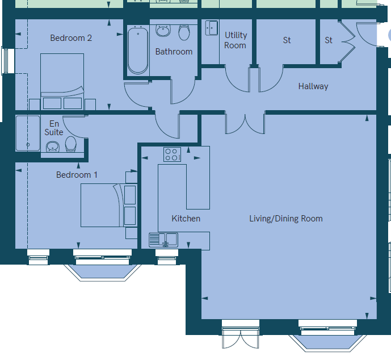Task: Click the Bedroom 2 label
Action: [71, 38]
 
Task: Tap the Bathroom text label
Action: [174, 52]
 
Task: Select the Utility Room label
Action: [236, 40]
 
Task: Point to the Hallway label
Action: [313, 86]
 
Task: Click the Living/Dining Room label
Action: [286, 219]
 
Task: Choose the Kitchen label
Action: [186, 219]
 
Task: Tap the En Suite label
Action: [54, 128]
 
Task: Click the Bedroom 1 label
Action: [77, 175]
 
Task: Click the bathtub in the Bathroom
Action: [138, 51]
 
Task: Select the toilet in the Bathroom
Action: [184, 32]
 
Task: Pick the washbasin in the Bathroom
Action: [163, 31]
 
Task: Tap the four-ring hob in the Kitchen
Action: [173, 154]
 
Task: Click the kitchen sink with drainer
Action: [163, 240]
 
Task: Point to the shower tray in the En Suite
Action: [28, 133]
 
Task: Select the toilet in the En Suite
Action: [71, 144]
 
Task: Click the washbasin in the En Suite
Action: [53, 146]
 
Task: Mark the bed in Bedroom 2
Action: [62, 82]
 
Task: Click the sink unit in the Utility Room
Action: [212, 28]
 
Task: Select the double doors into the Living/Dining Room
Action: [245, 123]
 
